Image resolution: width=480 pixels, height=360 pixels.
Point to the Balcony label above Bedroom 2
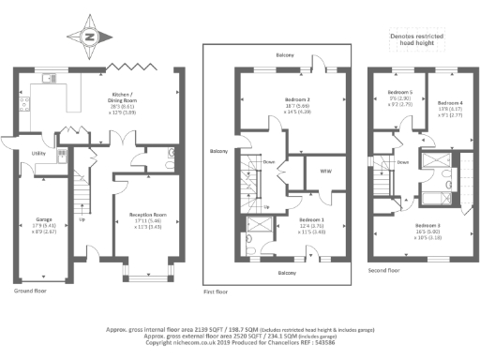click(284, 56)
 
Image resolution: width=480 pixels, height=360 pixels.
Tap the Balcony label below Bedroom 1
click(284, 273)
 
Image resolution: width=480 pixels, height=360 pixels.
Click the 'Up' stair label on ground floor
click(82, 220)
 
